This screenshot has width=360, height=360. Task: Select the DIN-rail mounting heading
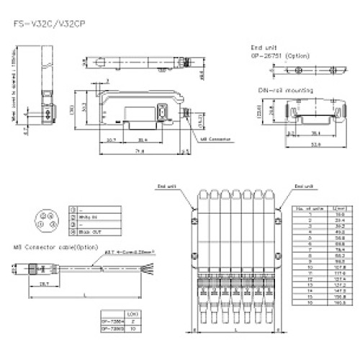[x=284, y=91]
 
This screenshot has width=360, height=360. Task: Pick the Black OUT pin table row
[x=91, y=232]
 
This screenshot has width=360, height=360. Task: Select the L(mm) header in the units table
[x=338, y=208]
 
